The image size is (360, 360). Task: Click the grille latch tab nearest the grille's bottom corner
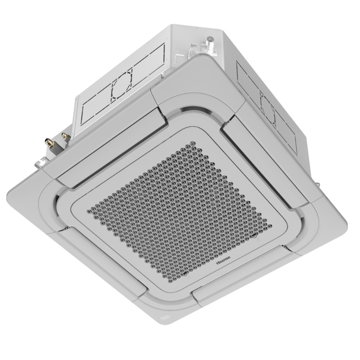pos(185,274)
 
